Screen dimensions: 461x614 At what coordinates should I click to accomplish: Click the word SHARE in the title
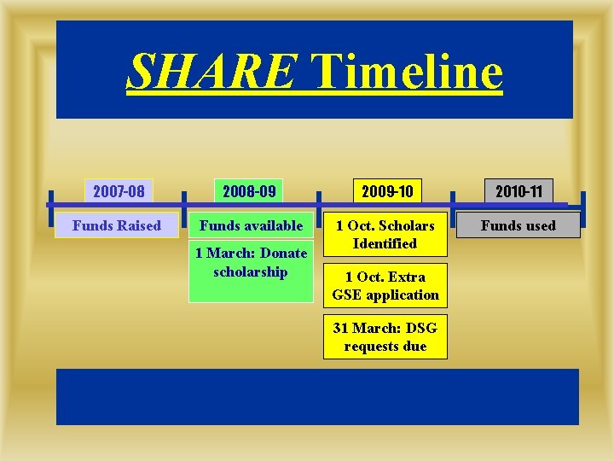click(211, 71)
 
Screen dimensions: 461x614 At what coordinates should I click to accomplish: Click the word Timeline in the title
click(407, 71)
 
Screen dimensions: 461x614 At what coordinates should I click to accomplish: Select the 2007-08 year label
click(119, 190)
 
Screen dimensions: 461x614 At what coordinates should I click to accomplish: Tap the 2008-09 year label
click(249, 190)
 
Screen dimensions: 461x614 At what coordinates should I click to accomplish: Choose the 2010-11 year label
click(518, 190)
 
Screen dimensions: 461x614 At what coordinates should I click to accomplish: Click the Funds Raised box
click(117, 225)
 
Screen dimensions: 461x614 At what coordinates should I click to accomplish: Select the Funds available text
click(251, 225)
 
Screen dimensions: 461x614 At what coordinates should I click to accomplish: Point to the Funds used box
click(518, 225)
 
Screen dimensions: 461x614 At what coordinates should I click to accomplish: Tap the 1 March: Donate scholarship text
click(251, 262)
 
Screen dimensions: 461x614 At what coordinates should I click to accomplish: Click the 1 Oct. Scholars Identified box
click(385, 235)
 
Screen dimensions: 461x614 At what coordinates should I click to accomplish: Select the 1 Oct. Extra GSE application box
click(385, 286)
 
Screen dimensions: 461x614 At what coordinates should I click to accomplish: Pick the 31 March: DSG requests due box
click(385, 337)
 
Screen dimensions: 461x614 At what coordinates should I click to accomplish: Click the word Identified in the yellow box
click(385, 244)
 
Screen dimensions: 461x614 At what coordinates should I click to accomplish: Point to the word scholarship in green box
click(251, 271)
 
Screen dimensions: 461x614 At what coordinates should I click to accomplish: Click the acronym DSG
click(420, 329)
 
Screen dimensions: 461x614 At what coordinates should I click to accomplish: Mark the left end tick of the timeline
click(50, 205)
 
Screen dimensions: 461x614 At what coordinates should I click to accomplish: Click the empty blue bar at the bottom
click(317, 396)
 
